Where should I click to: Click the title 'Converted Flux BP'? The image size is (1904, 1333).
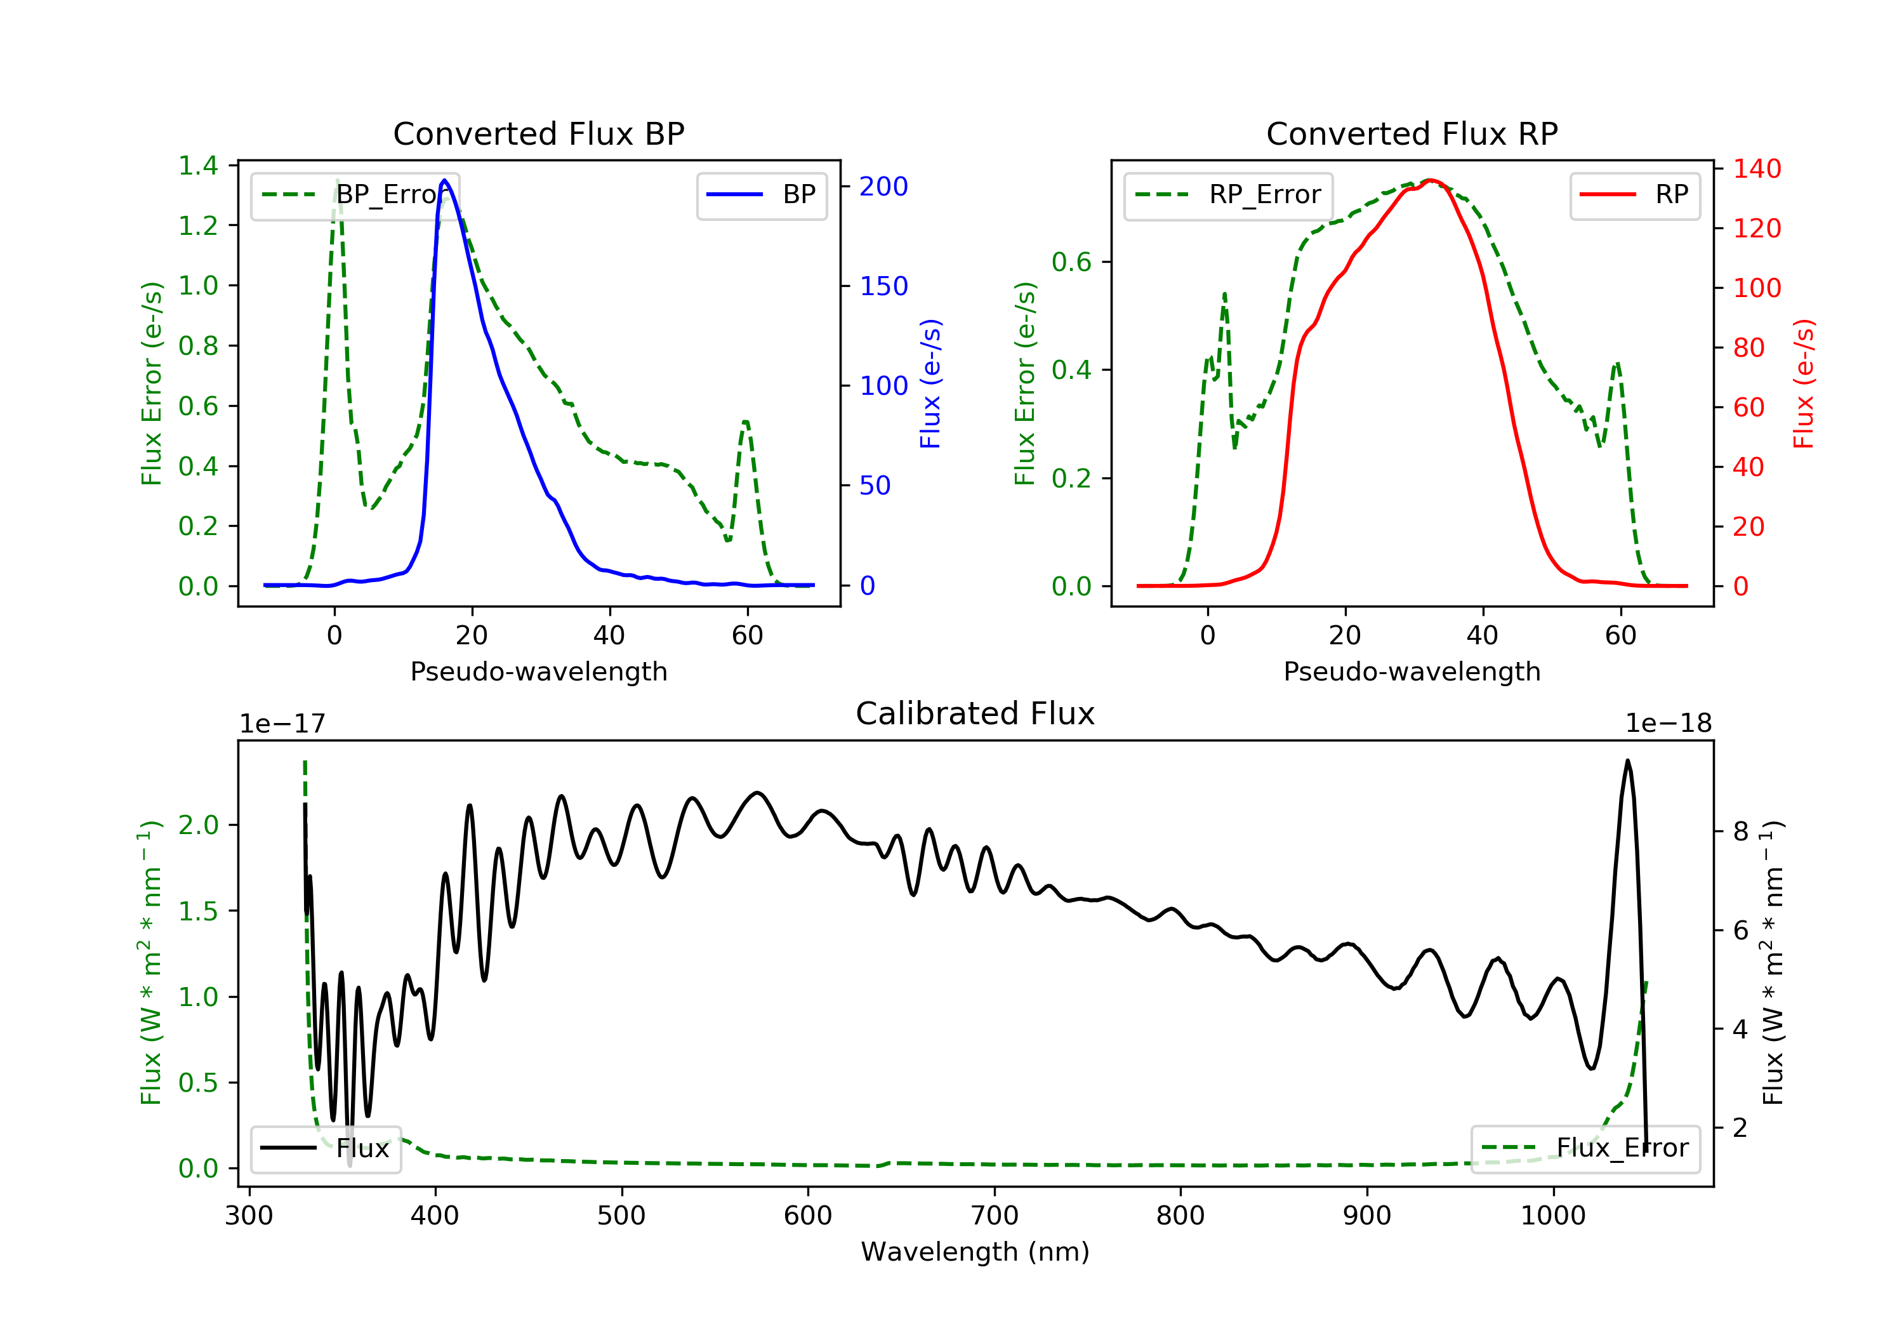click(x=539, y=133)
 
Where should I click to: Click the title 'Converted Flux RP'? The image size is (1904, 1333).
click(x=1412, y=133)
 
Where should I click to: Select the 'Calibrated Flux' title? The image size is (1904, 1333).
click(x=975, y=713)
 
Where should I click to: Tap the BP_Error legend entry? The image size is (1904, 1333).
click(x=355, y=195)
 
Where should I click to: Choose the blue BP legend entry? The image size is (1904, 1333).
click(x=761, y=195)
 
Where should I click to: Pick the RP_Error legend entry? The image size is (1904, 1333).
click(x=1228, y=195)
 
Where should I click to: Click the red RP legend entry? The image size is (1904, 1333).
click(x=1634, y=195)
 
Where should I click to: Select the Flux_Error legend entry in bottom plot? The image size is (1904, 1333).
click(x=1585, y=1148)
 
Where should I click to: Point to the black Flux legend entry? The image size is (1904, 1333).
click(x=325, y=1148)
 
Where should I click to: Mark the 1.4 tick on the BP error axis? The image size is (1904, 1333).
click(x=198, y=166)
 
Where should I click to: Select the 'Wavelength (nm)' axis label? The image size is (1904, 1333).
click(x=975, y=1252)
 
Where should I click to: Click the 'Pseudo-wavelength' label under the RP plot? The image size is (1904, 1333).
click(x=1412, y=671)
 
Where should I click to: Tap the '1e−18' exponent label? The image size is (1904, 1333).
click(x=1669, y=724)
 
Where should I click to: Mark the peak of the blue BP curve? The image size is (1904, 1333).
click(x=444, y=180)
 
